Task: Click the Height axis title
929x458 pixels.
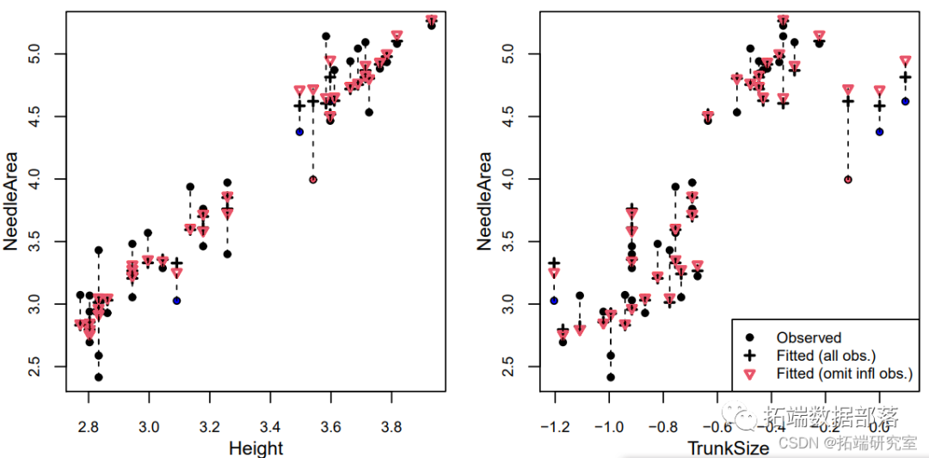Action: click(255, 448)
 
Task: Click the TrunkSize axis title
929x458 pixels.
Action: click(728, 448)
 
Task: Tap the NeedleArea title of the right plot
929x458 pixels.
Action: click(484, 201)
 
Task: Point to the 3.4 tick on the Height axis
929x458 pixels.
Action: click(270, 426)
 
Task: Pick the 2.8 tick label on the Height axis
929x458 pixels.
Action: click(88, 426)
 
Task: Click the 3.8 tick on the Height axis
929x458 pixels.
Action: click(392, 426)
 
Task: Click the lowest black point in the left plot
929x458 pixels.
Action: click(98, 377)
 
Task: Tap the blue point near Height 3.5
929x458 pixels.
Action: click(299, 132)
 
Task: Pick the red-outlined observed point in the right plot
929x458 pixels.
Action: click(848, 179)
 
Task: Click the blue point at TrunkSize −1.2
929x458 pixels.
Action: click(555, 300)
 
